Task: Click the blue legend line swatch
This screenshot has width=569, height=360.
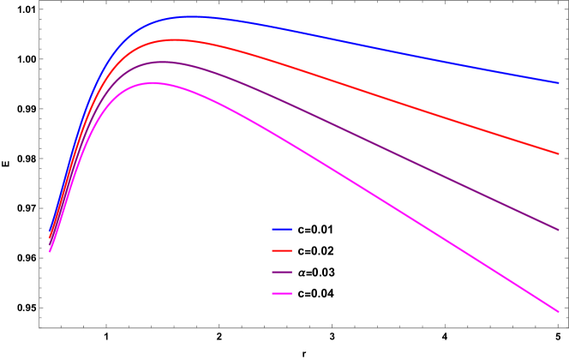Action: point(282,230)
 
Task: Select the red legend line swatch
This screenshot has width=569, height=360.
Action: point(282,251)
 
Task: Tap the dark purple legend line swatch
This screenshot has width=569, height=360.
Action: point(282,273)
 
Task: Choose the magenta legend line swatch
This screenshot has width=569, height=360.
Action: point(282,294)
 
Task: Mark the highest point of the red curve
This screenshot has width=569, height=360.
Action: point(175,39)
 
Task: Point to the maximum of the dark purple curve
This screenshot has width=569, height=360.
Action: point(162,62)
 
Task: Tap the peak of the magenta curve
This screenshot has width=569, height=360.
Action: point(153,83)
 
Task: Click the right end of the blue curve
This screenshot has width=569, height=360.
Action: point(559,83)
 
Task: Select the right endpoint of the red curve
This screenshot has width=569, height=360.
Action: point(559,154)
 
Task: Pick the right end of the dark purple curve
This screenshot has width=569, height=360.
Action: point(559,230)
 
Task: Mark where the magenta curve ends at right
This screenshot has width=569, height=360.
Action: point(559,312)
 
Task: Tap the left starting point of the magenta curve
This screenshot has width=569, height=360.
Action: point(50,251)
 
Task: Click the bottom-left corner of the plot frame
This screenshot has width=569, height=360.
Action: point(39,327)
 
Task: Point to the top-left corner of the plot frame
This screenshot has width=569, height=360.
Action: point(39,2)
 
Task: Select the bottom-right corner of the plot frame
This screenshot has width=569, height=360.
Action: point(568,327)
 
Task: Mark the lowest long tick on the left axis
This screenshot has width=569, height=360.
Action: point(42,307)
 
